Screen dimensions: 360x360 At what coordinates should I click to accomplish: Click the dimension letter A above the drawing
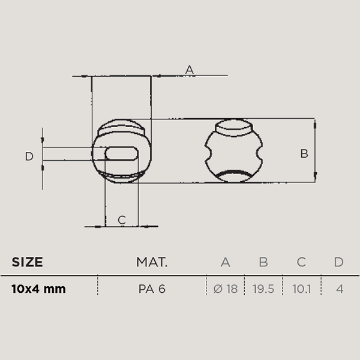pos(190,70)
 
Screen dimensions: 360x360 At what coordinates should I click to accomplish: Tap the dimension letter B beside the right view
pos(304,154)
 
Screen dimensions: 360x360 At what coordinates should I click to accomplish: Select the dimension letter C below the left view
pos(122,220)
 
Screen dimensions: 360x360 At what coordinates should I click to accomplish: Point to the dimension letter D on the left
pos(29,157)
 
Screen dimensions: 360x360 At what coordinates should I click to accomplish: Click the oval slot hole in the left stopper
pos(122,154)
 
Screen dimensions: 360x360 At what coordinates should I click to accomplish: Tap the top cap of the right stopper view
pos(234,128)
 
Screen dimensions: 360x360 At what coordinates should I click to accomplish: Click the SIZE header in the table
pos(27,262)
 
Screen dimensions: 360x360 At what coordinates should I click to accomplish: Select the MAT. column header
pos(152,262)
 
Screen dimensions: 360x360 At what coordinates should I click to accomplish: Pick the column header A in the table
pos(226,262)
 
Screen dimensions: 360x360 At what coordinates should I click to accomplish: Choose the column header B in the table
pos(263,262)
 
